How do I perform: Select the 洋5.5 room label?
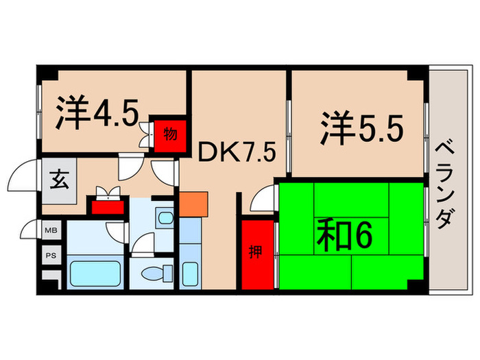(x=359, y=128)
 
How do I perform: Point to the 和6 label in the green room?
(x=345, y=236)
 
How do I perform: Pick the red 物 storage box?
(x=169, y=133)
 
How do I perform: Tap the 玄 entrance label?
(x=57, y=182)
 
